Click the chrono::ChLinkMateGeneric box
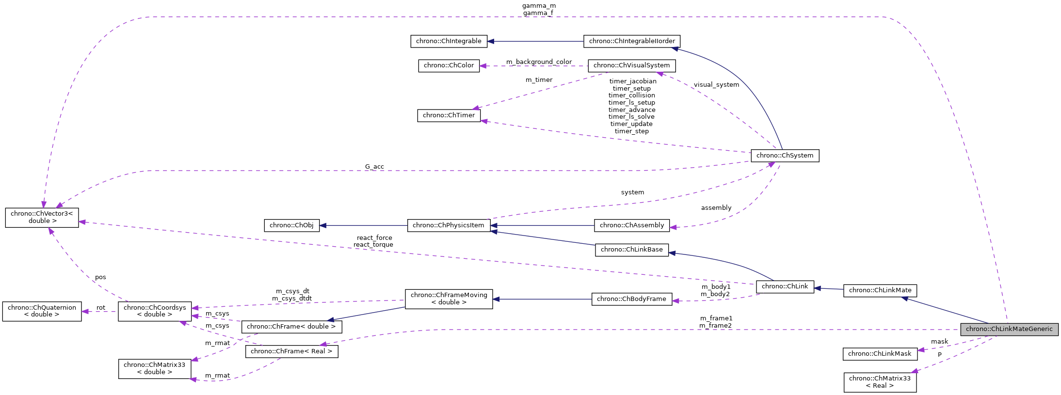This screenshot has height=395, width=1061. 1009,329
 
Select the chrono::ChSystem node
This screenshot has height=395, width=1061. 785,156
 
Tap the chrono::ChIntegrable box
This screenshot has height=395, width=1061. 449,41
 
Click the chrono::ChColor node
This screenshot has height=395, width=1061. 449,65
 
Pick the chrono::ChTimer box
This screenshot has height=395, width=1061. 449,115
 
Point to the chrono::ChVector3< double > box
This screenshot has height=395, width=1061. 42,217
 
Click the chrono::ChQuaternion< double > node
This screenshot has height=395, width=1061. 42,311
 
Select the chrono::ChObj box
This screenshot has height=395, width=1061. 291,225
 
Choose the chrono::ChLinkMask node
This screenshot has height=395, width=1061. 880,354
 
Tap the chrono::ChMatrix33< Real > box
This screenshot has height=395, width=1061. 880,382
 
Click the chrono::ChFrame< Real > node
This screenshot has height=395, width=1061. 291,351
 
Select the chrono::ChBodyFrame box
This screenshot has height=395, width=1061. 631,299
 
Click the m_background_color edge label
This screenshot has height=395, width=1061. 539,62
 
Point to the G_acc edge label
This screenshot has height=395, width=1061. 374,167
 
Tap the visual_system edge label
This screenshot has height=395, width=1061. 716,85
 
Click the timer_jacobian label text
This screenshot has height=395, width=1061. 632,81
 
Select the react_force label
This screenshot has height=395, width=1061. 374,238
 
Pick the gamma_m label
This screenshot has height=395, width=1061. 539,6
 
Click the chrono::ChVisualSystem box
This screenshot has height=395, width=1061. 631,65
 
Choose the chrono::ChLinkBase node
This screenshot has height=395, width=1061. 631,250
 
